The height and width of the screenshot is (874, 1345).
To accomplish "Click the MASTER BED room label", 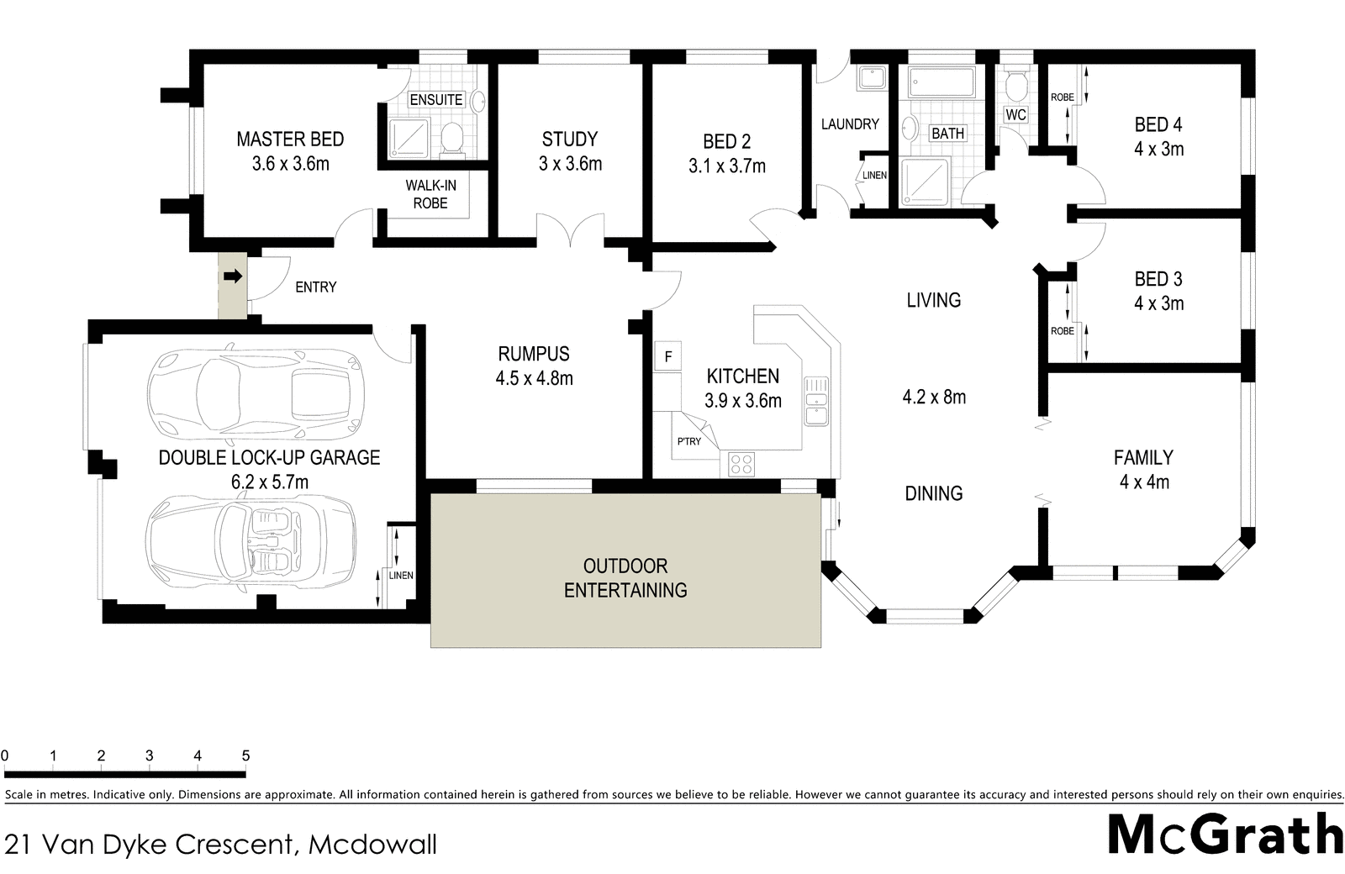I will pyautogui.click(x=290, y=140).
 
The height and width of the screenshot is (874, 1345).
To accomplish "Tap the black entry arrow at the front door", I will pyautogui.click(x=232, y=276).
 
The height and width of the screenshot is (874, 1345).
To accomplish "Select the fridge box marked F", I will pyautogui.click(x=668, y=356).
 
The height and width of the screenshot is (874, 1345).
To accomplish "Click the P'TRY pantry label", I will pyautogui.click(x=689, y=441).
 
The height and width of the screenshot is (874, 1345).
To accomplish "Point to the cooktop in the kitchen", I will pyautogui.click(x=741, y=463).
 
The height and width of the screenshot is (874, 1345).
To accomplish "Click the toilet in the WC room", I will pyautogui.click(x=1016, y=84).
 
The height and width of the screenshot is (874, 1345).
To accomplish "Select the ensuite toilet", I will pyautogui.click(x=452, y=139).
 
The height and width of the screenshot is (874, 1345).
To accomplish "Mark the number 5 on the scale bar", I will pyautogui.click(x=245, y=756).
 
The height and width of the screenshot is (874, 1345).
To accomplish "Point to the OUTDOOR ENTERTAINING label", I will pyautogui.click(x=625, y=578).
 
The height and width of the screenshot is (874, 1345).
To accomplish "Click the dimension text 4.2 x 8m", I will pyautogui.click(x=934, y=397).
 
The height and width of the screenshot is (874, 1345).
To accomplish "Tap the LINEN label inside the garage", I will pyautogui.click(x=401, y=576).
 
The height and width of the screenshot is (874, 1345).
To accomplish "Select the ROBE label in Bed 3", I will pyautogui.click(x=1063, y=331).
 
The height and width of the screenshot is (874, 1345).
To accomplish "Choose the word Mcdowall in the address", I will pyautogui.click(x=372, y=844).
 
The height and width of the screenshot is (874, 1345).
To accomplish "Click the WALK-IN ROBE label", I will pyautogui.click(x=430, y=194).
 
